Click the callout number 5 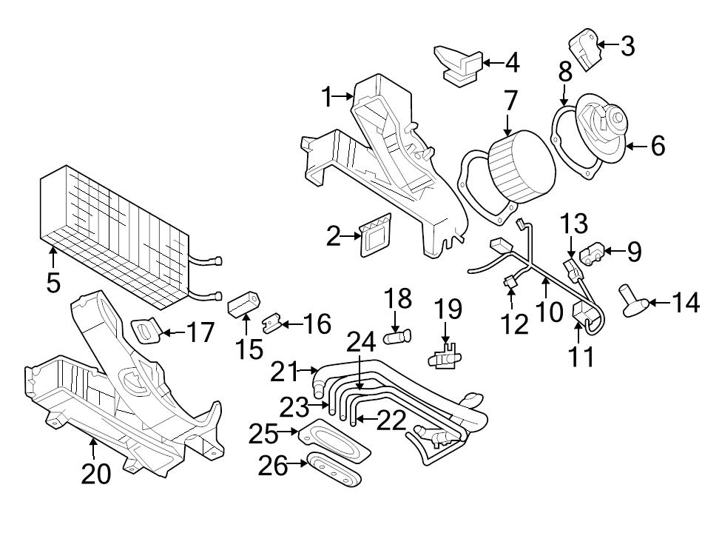click(x=53, y=282)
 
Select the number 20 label click(x=95, y=473)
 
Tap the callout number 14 click(x=685, y=302)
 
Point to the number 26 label click(x=271, y=465)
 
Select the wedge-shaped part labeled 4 click(x=459, y=63)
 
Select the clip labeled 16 click(x=273, y=322)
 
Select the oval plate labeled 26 click(x=334, y=471)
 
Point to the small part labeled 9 click(x=595, y=254)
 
